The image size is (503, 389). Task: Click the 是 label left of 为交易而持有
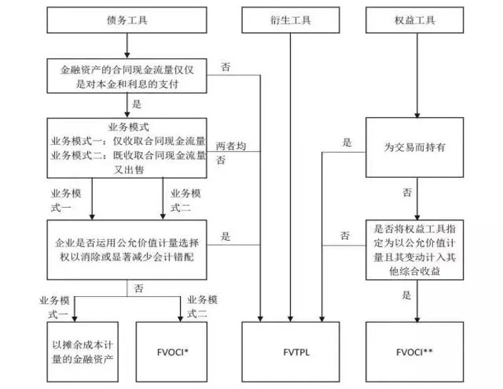coord(347,143)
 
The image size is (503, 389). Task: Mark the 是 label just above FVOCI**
coord(407,293)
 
